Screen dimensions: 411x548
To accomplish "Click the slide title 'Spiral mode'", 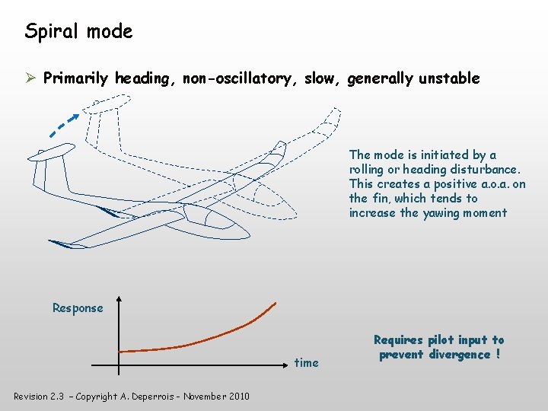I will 78,31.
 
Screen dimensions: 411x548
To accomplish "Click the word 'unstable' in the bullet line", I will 448,78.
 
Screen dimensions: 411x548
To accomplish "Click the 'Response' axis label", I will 78,308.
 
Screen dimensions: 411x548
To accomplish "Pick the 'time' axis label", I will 307,362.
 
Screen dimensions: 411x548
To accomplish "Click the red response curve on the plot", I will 213,339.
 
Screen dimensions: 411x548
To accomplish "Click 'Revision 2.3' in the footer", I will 40,396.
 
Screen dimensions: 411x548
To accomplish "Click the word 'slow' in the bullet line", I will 320,78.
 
